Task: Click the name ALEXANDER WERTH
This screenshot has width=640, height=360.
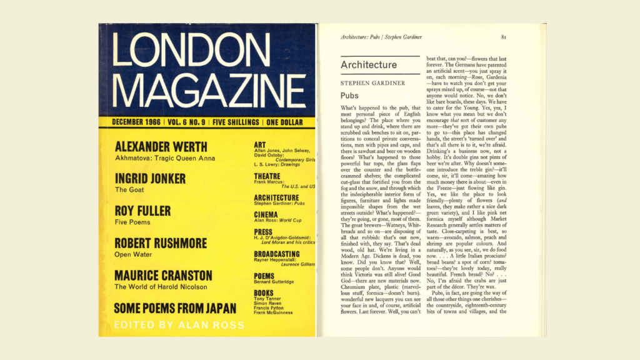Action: click(161, 147)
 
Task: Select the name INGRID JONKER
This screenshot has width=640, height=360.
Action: click(150, 179)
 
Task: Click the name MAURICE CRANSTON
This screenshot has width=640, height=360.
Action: click(163, 276)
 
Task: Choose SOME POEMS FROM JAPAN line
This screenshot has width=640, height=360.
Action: click(175, 308)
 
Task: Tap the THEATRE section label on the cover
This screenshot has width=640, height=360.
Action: click(267, 176)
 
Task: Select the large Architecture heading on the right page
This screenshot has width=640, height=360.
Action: click(369, 65)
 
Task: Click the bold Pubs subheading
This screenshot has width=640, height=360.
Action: click(349, 96)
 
